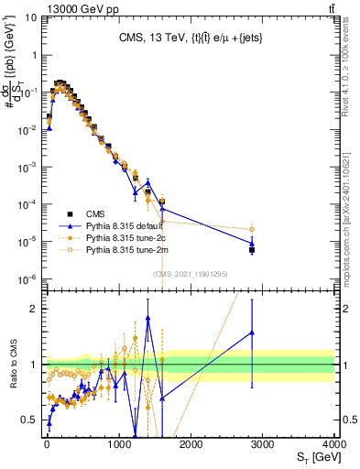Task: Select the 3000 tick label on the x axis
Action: pos(263,444)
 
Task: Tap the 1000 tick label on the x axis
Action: pos(119,444)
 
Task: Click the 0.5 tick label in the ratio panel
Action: pos(29,420)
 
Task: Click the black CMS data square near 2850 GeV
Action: pos(252,249)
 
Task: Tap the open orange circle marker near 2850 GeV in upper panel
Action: pos(252,229)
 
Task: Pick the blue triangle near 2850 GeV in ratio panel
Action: pos(252,333)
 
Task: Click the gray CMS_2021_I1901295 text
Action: pos(190,273)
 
